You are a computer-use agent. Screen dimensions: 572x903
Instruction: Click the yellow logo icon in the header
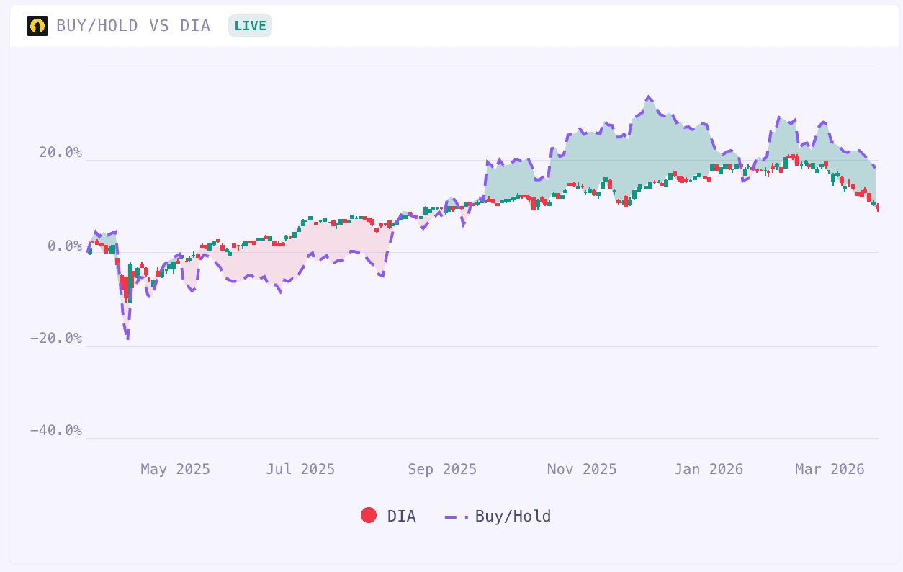37,26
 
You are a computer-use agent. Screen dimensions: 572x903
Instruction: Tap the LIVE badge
250,26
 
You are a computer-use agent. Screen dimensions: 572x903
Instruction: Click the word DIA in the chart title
195,26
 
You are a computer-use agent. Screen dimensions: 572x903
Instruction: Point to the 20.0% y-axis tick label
60,153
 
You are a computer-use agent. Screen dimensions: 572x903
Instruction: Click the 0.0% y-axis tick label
65,246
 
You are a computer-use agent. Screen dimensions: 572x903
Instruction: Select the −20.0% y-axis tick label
56,339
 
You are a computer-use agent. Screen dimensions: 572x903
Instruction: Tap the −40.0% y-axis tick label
56,431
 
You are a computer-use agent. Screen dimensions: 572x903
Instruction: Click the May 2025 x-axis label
175,470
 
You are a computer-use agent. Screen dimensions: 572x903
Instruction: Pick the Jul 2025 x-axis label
300,470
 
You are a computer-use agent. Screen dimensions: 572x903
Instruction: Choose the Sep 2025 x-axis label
442,470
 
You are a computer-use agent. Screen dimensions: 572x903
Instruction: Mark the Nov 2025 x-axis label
582,470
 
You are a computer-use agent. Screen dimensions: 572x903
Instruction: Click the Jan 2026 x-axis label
709,470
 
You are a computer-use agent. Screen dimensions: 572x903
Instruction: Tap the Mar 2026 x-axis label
830,470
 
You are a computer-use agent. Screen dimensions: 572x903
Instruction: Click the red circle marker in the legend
369,516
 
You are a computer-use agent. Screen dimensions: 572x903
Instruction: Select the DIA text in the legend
401,517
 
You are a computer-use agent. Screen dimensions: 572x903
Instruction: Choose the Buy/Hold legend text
513,517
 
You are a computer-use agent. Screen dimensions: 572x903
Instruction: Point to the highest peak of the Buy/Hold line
649,97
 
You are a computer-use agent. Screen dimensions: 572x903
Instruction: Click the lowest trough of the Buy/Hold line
127,339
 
